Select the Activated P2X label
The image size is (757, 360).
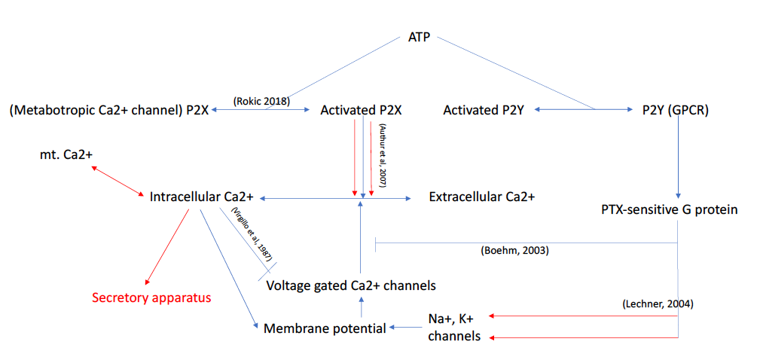[x=361, y=110]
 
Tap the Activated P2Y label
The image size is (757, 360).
[x=484, y=110]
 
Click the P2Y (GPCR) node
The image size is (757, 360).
[x=673, y=110]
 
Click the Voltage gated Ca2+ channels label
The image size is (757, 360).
[x=351, y=285]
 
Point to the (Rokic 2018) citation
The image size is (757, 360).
[x=261, y=100]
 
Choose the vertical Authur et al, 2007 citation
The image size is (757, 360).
[x=383, y=154]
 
